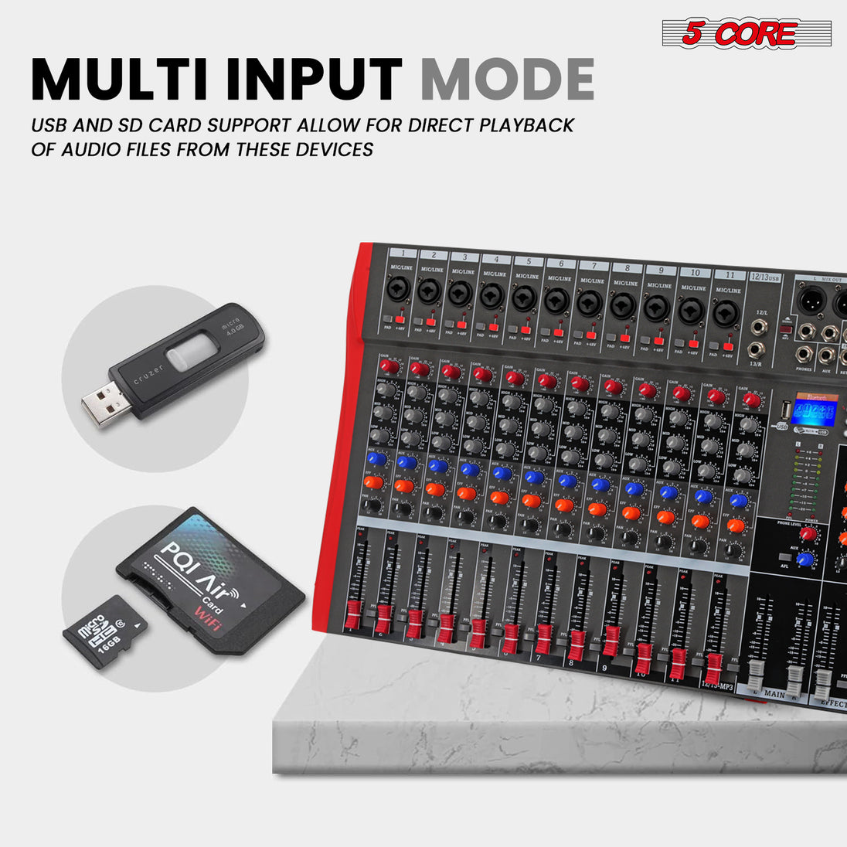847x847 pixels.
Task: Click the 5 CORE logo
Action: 747,33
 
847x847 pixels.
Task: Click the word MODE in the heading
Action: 507,78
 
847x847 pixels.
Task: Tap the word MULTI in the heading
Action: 125,78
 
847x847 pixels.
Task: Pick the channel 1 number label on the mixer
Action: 403,253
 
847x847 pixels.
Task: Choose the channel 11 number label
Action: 729,274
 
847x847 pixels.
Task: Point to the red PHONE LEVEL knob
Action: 808,534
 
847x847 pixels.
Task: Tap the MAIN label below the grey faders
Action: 774,694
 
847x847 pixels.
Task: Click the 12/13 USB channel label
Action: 766,276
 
